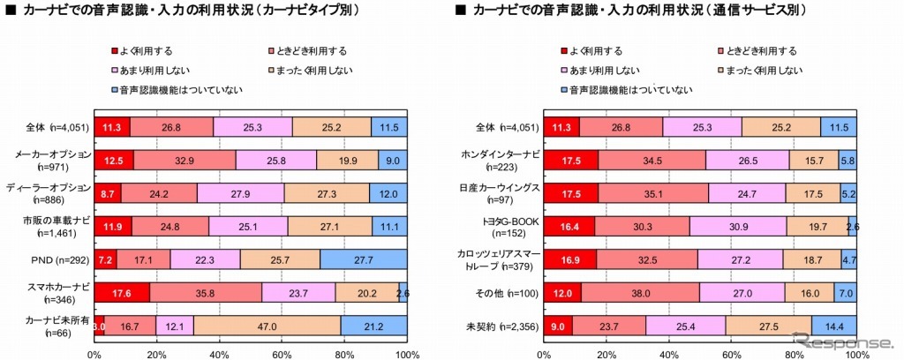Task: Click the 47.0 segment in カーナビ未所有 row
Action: coord(267,324)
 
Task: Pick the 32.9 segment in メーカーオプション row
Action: coord(185,160)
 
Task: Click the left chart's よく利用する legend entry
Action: coord(147,50)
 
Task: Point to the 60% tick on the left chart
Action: coord(282,354)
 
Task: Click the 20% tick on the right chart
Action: coord(607,354)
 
